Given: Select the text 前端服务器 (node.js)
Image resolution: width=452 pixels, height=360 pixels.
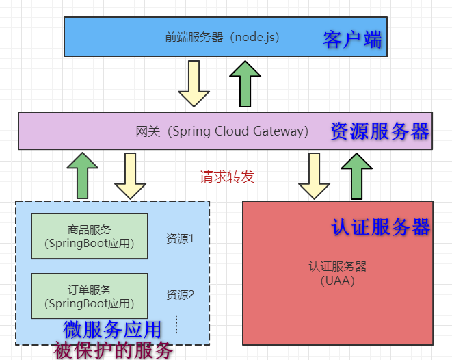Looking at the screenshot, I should (x=222, y=37).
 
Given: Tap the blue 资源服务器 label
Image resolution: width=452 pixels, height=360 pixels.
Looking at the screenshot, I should (x=380, y=131).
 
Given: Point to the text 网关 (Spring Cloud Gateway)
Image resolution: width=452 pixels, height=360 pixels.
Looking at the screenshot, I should (x=222, y=131).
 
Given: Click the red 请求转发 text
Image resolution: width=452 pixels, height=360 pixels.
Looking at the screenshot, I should (x=226, y=177).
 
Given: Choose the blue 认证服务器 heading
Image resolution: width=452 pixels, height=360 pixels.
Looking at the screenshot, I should (x=381, y=227).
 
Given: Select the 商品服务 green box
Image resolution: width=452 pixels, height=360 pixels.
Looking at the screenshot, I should (x=90, y=236).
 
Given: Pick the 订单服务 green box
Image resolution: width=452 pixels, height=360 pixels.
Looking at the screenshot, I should (x=90, y=296).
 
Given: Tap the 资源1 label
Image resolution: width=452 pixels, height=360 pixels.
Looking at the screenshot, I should (x=181, y=239).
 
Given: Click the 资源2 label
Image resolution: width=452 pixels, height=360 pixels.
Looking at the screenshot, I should (x=181, y=295).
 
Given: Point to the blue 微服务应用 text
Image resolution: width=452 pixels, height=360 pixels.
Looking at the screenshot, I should (x=112, y=329).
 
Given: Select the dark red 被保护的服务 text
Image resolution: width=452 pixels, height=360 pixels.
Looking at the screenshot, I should (x=113, y=350).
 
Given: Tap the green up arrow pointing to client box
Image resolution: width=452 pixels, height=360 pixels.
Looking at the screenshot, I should (x=245, y=83).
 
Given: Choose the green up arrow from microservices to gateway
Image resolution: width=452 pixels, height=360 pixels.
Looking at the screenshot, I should (x=83, y=175).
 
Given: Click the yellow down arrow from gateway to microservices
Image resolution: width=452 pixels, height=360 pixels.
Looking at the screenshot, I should (x=130, y=176).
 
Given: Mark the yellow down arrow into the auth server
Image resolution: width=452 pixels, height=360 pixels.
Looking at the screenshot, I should (x=315, y=176).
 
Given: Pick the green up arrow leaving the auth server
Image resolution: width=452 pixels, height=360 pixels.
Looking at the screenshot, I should (x=356, y=175).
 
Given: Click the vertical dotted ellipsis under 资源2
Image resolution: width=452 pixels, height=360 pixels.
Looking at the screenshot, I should (x=176, y=324).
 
